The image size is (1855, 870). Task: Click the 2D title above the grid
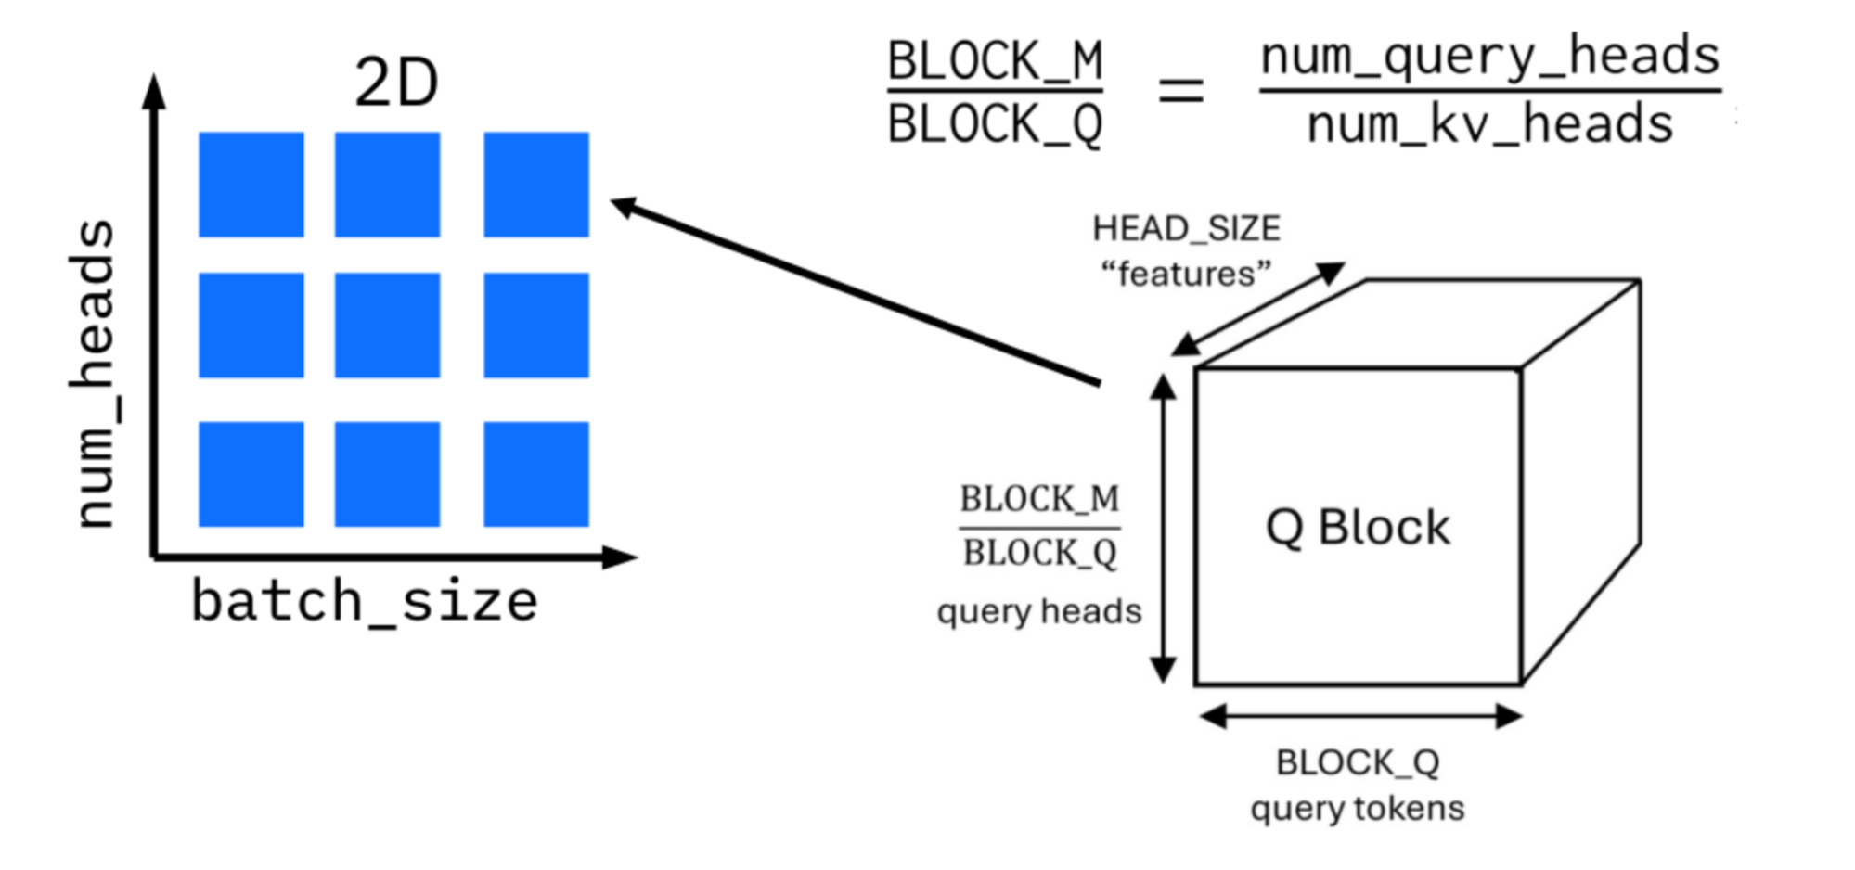click(396, 83)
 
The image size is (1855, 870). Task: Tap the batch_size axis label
click(364, 601)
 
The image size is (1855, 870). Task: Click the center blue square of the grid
click(387, 326)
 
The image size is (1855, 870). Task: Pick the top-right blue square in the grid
click(535, 185)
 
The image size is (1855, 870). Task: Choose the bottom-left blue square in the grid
click(251, 474)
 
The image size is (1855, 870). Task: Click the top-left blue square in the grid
click(251, 185)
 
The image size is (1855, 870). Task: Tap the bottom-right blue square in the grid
click(535, 474)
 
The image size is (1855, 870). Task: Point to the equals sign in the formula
click(1180, 91)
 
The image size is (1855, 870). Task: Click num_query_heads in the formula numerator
click(1489, 56)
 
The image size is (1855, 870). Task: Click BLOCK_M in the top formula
click(995, 61)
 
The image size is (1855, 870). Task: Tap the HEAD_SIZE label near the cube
click(1186, 228)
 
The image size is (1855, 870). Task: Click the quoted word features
click(1186, 275)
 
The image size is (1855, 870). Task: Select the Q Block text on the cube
click(1357, 528)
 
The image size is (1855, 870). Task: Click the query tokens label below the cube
click(1357, 809)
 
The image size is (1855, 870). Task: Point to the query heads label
click(1038, 612)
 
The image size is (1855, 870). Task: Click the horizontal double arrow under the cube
click(1360, 716)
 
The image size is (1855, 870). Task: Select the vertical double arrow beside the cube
click(1163, 529)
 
